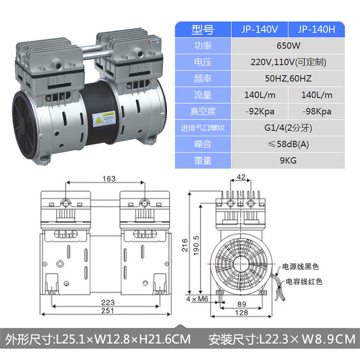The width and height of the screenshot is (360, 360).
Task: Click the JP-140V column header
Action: click(x=259, y=29)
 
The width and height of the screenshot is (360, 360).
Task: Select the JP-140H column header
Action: click(x=316, y=29)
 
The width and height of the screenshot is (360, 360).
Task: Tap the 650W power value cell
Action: click(x=288, y=46)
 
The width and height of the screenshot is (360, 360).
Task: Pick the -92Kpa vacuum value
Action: click(x=260, y=111)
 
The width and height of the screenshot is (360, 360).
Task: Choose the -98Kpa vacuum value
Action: click(x=317, y=111)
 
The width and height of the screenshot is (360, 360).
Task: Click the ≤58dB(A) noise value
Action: click(x=288, y=144)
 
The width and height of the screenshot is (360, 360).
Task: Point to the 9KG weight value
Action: click(x=288, y=160)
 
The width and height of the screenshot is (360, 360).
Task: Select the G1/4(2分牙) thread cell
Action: click(x=288, y=128)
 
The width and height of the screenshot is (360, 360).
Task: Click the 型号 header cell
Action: click(x=203, y=30)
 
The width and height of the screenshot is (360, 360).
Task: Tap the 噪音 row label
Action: click(x=203, y=144)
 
